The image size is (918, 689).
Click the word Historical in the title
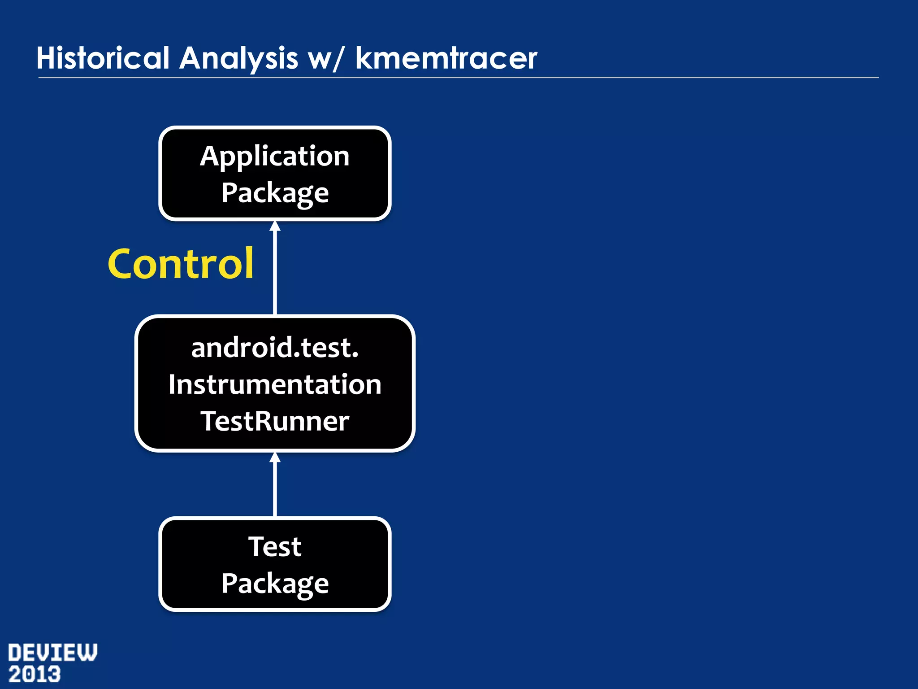point(103,58)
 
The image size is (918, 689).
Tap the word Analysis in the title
point(238,58)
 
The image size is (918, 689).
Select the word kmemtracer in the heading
point(446,58)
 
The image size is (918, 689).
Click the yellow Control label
point(181,264)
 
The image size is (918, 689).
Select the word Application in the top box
point(275,156)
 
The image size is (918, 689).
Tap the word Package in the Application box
point(275,193)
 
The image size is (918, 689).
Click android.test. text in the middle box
point(275,348)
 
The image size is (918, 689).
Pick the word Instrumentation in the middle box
point(275,385)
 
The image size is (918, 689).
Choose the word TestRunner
point(275,421)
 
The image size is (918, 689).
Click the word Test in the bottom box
point(275,546)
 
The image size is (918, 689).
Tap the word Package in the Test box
point(275,584)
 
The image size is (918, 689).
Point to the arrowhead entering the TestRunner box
point(275,457)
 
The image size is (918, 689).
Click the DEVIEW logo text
point(52,653)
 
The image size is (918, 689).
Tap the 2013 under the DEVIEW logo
point(35,675)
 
